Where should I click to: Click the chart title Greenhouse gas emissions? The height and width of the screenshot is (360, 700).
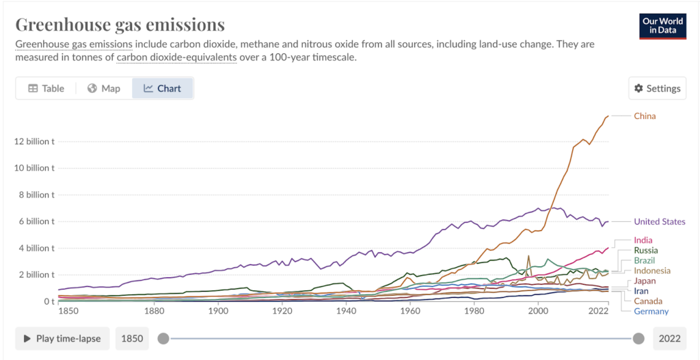(120, 25)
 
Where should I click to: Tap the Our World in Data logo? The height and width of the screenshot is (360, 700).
(663, 26)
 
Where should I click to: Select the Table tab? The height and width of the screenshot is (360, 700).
(46, 88)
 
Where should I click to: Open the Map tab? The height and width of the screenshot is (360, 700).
(103, 88)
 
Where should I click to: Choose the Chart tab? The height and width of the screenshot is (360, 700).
(162, 88)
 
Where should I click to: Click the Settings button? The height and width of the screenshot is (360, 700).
(657, 88)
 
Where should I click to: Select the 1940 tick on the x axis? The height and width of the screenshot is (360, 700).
(347, 311)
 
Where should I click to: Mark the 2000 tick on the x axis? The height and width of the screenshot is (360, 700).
(538, 311)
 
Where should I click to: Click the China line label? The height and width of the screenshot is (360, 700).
(644, 116)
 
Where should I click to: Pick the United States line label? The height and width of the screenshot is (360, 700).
(659, 221)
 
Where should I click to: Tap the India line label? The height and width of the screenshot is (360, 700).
(643, 240)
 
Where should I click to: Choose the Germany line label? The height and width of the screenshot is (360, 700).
(651, 311)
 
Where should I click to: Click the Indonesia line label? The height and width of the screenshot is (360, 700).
(651, 271)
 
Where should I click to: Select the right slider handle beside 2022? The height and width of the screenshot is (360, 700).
(638, 338)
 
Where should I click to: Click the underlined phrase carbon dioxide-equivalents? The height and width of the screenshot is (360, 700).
(176, 57)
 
